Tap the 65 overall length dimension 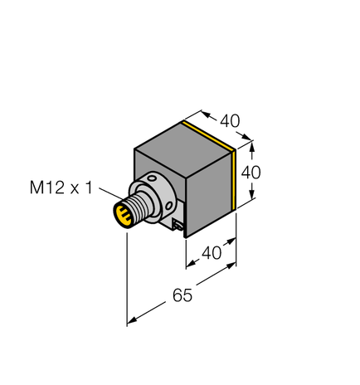[179, 295]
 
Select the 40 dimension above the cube [230, 120]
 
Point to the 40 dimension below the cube [212, 253]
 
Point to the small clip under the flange [179, 224]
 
